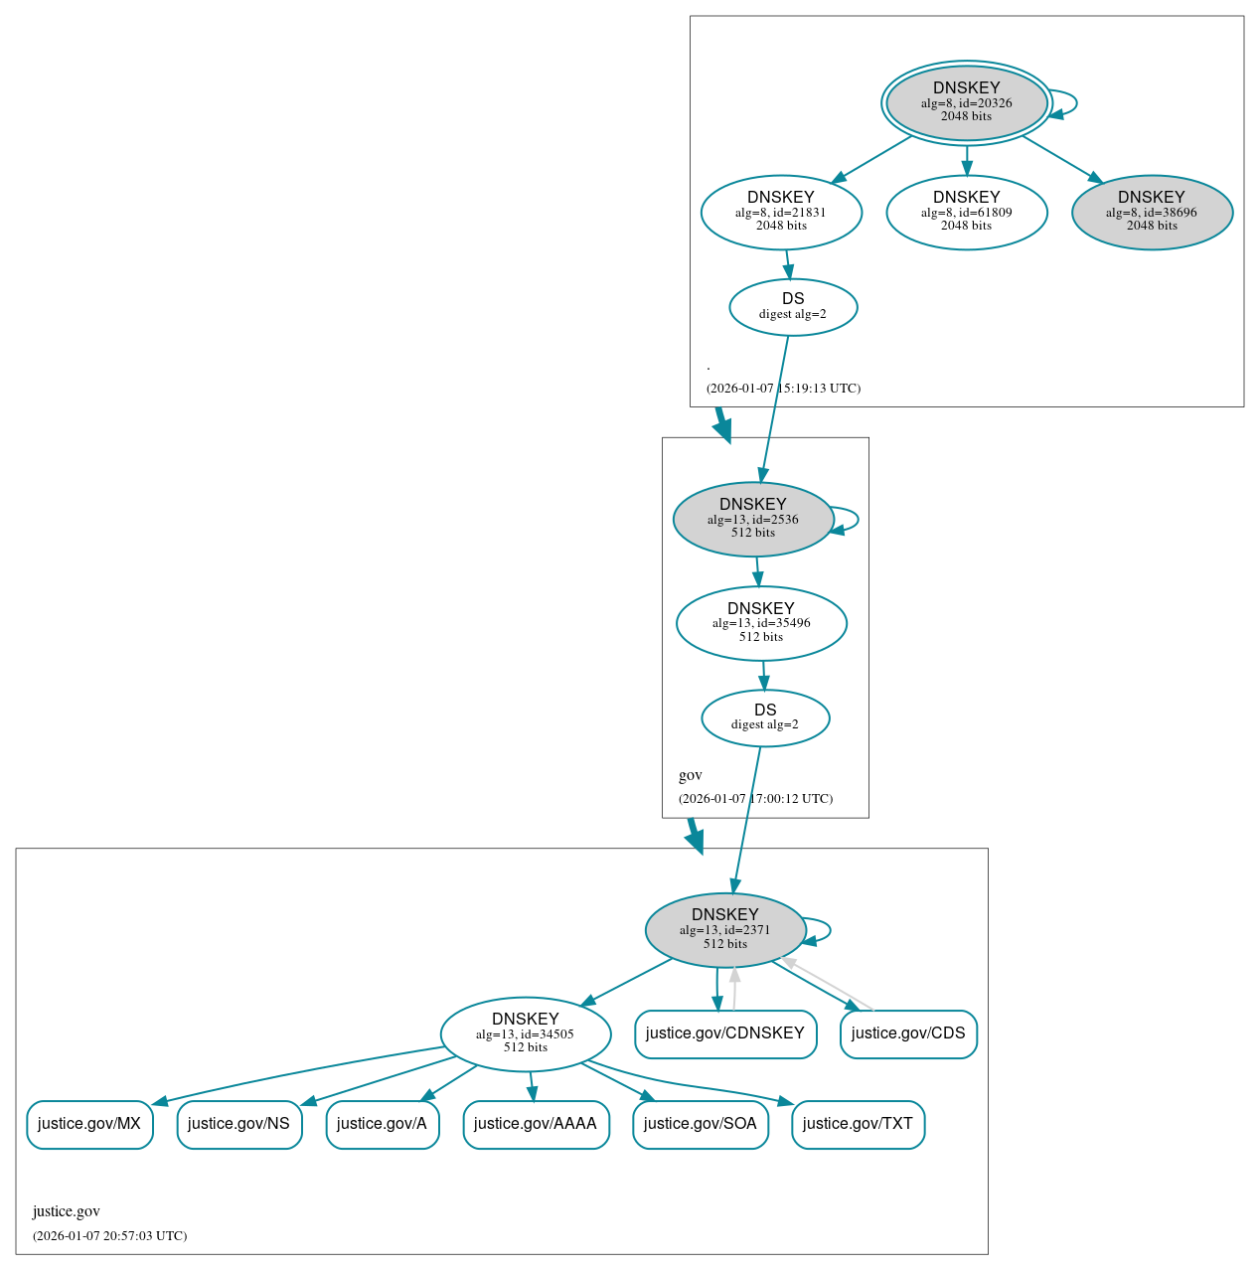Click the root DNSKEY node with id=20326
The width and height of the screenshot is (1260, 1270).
(966, 102)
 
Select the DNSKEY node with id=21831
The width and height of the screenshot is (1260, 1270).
(781, 212)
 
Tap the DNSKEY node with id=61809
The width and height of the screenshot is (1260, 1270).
(966, 212)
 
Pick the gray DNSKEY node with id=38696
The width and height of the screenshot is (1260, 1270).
(1152, 212)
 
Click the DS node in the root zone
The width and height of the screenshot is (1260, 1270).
(793, 307)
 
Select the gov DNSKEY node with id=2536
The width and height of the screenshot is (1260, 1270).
(753, 519)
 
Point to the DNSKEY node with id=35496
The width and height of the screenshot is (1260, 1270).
(761, 623)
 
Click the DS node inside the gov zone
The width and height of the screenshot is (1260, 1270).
(765, 717)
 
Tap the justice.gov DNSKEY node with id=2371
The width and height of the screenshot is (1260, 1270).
(725, 930)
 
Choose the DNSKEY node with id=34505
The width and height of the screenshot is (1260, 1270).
(526, 1033)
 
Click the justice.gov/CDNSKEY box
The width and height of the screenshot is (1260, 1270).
(725, 1033)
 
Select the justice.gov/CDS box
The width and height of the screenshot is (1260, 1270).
(908, 1033)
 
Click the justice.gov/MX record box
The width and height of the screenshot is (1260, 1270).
(89, 1124)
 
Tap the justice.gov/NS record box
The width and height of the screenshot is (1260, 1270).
(238, 1124)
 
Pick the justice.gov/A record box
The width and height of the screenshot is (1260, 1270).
(382, 1124)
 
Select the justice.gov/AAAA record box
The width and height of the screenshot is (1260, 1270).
(536, 1124)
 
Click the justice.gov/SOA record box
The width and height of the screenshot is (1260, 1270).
(701, 1124)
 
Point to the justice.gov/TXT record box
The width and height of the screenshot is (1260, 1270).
(858, 1124)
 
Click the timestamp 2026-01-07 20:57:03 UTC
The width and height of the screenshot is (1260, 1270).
(110, 1236)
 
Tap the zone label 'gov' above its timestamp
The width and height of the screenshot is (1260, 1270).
(691, 775)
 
